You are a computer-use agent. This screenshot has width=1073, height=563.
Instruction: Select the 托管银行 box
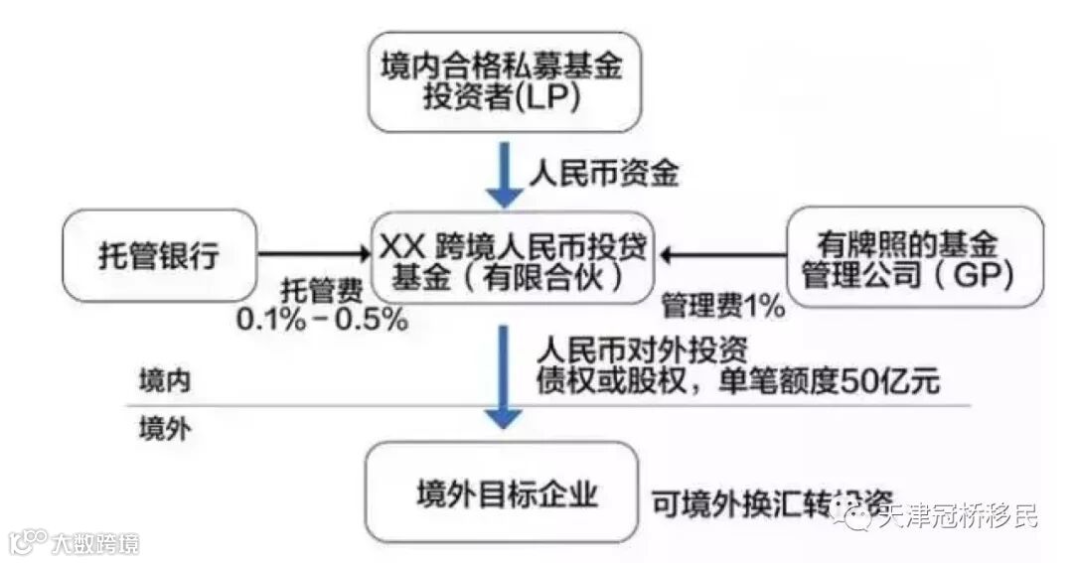point(159,256)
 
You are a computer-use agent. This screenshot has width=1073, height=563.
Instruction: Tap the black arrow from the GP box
point(724,257)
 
